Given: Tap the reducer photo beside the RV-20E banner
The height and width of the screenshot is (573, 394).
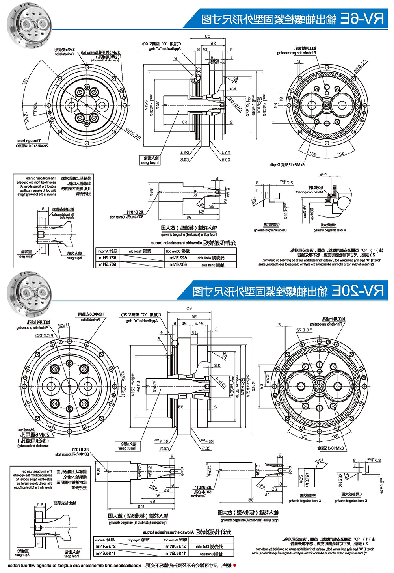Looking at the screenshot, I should coord(30,294).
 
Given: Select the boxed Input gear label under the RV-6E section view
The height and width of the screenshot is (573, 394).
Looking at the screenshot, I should coord(150,160).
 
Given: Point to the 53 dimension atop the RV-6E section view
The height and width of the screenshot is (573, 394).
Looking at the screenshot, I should coord(208,37).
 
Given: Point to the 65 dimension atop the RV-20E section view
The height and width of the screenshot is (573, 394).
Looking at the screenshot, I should coord(189,308).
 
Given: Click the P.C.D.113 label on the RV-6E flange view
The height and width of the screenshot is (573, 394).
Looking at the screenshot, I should coord(133,134).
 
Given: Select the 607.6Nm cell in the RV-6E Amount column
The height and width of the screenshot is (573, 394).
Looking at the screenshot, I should coord(107,264).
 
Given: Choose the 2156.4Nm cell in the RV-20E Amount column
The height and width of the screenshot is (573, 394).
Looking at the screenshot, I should coord(105,546).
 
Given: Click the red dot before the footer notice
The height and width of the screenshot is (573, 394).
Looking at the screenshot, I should coord(235,565).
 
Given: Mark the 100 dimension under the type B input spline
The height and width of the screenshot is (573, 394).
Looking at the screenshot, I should coord(141,506).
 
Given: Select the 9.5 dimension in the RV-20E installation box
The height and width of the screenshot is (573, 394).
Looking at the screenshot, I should coord(40,504).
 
